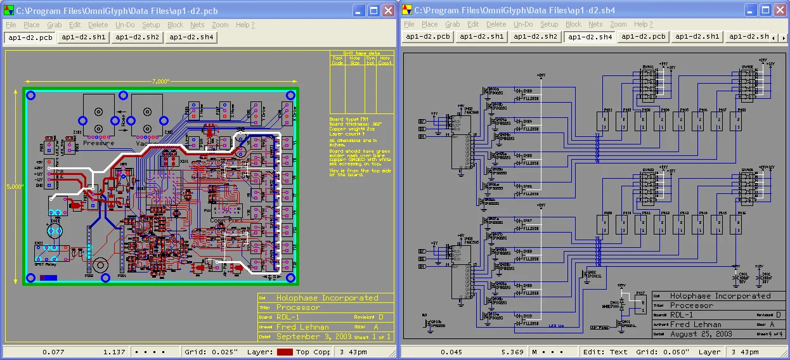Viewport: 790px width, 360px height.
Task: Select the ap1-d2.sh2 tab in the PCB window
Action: [137, 37]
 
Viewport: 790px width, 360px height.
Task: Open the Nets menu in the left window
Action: [197, 25]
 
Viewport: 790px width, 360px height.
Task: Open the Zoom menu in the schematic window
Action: [618, 25]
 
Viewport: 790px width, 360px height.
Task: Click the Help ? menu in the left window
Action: [245, 25]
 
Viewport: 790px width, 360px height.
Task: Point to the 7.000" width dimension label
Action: [160, 81]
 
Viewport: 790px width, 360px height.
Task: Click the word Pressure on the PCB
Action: [99, 143]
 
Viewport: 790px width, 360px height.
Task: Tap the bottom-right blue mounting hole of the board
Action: [290, 278]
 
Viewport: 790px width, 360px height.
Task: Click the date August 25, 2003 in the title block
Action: [701, 334]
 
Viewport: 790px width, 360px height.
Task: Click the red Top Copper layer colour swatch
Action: [285, 352]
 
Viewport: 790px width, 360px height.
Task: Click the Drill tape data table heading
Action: [361, 53]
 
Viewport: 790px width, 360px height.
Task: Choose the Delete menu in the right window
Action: [496, 25]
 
